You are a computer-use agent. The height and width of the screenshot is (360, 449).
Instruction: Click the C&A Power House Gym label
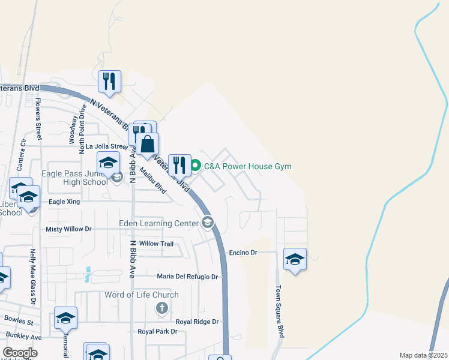(x=248, y=166)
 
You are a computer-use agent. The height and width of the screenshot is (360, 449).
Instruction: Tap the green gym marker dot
(x=195, y=166)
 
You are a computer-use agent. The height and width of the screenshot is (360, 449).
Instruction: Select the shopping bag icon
(x=148, y=144)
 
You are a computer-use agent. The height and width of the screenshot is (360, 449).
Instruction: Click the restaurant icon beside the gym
(x=179, y=165)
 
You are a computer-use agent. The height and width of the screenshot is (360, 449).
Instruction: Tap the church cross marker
(x=161, y=309)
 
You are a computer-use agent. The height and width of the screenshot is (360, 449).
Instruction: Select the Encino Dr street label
(x=243, y=253)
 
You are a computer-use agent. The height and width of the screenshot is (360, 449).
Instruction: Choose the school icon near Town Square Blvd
(x=295, y=259)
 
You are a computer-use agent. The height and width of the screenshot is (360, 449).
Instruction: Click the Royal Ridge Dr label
(x=200, y=322)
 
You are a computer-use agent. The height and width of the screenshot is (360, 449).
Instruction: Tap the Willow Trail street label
(x=156, y=244)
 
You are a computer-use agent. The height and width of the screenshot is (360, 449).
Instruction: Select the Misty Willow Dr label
(x=68, y=229)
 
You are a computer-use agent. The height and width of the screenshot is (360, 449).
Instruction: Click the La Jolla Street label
(x=107, y=146)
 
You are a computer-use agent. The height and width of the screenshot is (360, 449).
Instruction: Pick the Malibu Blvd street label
(x=153, y=179)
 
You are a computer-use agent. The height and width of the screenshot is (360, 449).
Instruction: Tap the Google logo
(x=20, y=353)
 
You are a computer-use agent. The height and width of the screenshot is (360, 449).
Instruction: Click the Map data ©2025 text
(x=423, y=355)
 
